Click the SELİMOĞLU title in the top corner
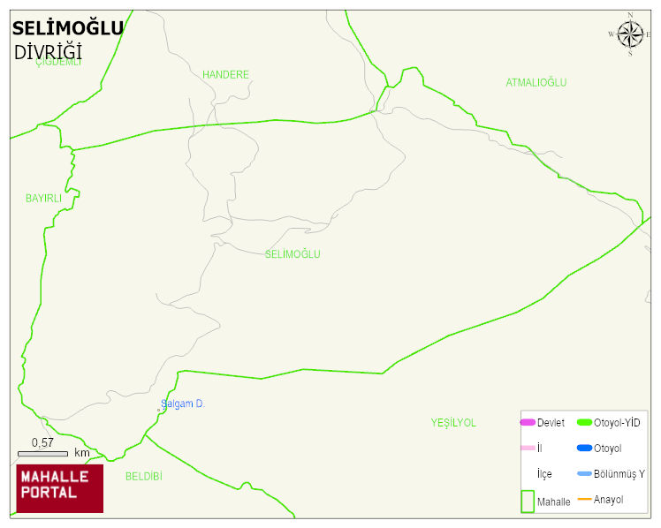click(x=68, y=28)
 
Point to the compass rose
click(x=630, y=34)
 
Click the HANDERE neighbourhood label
click(x=225, y=75)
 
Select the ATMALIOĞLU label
click(x=536, y=83)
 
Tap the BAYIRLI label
click(x=44, y=199)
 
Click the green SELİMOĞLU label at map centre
click(x=293, y=254)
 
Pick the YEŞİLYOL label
click(x=453, y=423)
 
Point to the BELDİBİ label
click(x=144, y=476)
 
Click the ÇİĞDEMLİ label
click(x=58, y=63)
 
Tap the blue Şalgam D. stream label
click(x=183, y=404)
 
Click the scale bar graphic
click(x=42, y=453)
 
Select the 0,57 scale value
click(x=42, y=442)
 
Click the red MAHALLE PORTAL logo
click(x=60, y=488)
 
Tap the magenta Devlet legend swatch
click(x=528, y=423)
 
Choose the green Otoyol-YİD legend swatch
click(x=584, y=423)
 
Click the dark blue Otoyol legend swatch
click(x=584, y=449)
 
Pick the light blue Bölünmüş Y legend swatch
click(x=584, y=474)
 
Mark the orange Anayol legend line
click(x=584, y=500)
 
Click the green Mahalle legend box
click(x=528, y=501)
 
